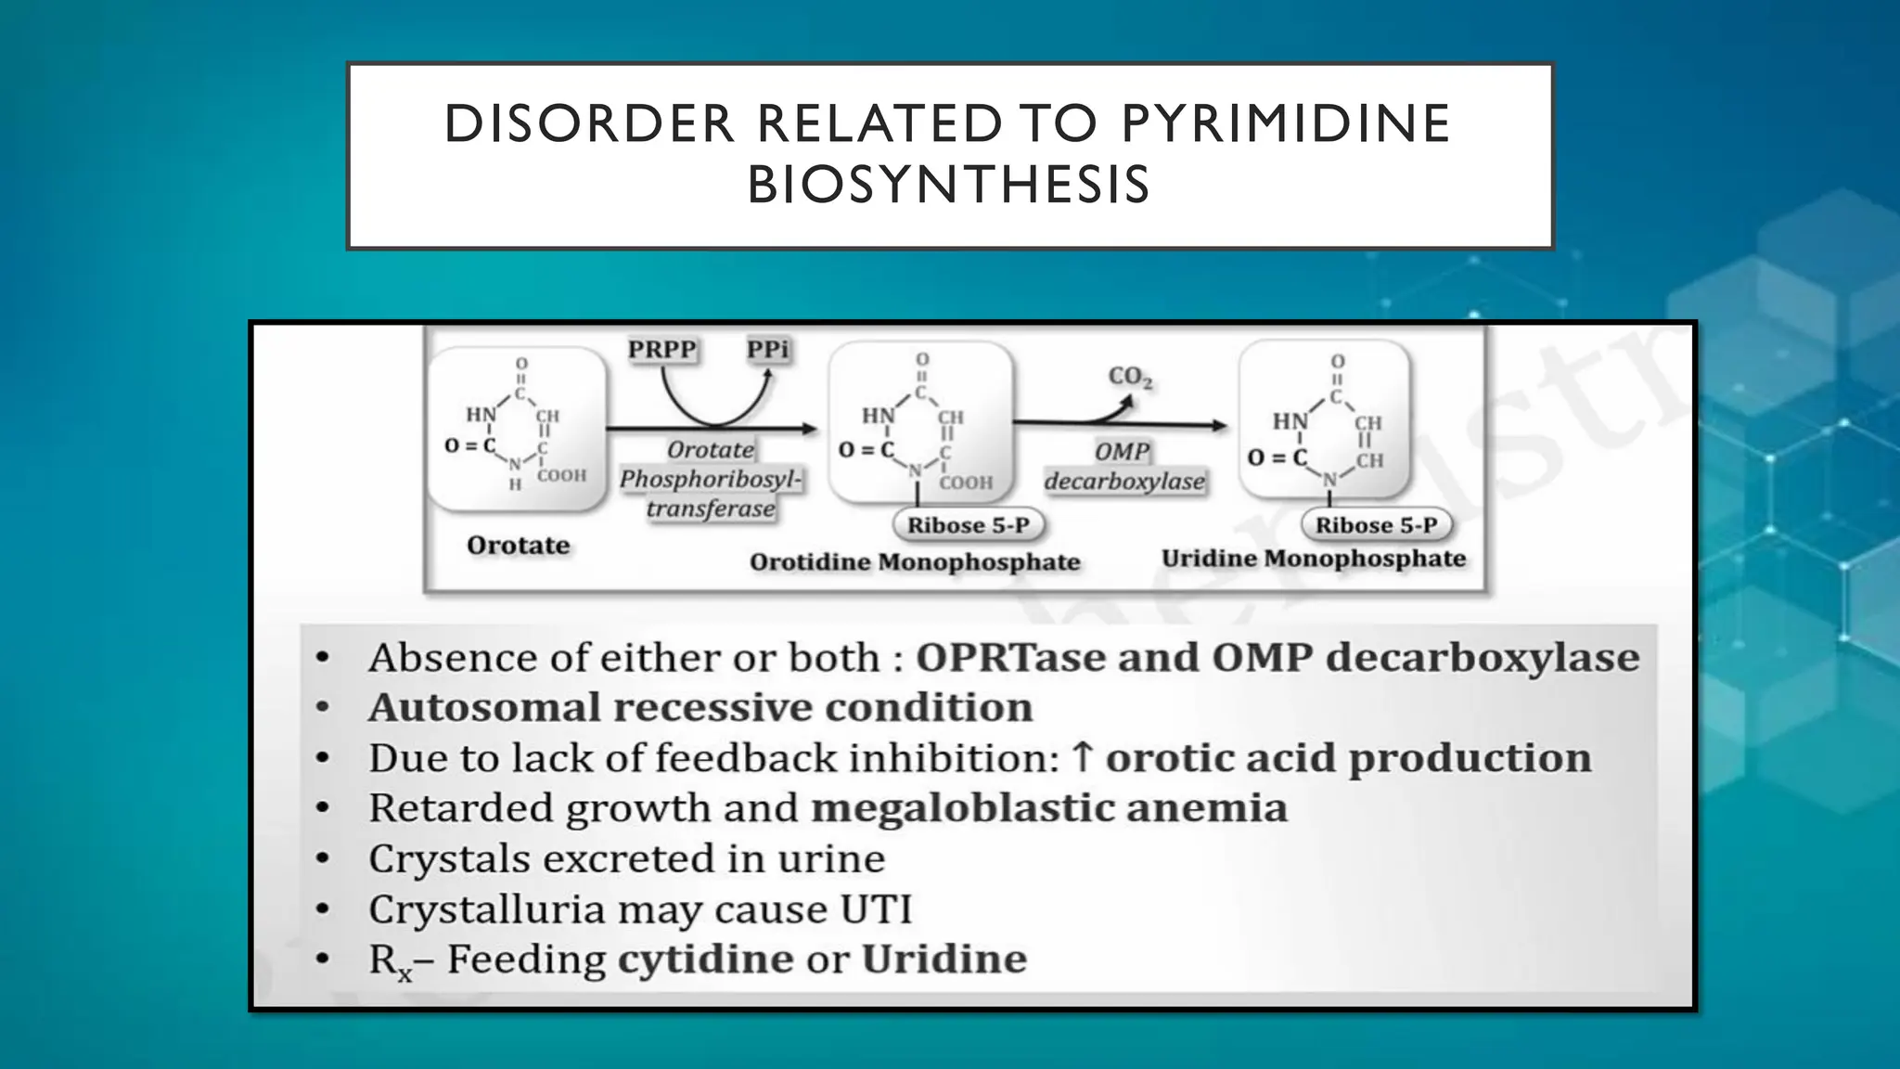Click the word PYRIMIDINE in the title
click(1285, 123)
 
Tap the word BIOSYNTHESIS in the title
click(948, 185)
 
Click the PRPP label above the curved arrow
click(661, 350)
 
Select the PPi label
click(768, 350)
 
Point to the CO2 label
click(1130, 377)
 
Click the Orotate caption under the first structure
click(518, 545)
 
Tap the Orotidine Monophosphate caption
click(915, 561)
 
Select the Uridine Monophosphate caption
click(1314, 559)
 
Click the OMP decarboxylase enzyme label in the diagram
click(1123, 466)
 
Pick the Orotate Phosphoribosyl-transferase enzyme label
click(711, 479)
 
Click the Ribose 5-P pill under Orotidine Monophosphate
click(968, 525)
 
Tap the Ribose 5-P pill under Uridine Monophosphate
click(1376, 525)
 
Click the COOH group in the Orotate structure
click(561, 475)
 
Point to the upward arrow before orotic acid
click(1082, 757)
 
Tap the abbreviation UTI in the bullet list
click(876, 908)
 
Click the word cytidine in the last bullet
click(705, 959)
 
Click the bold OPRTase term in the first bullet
click(1010, 658)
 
